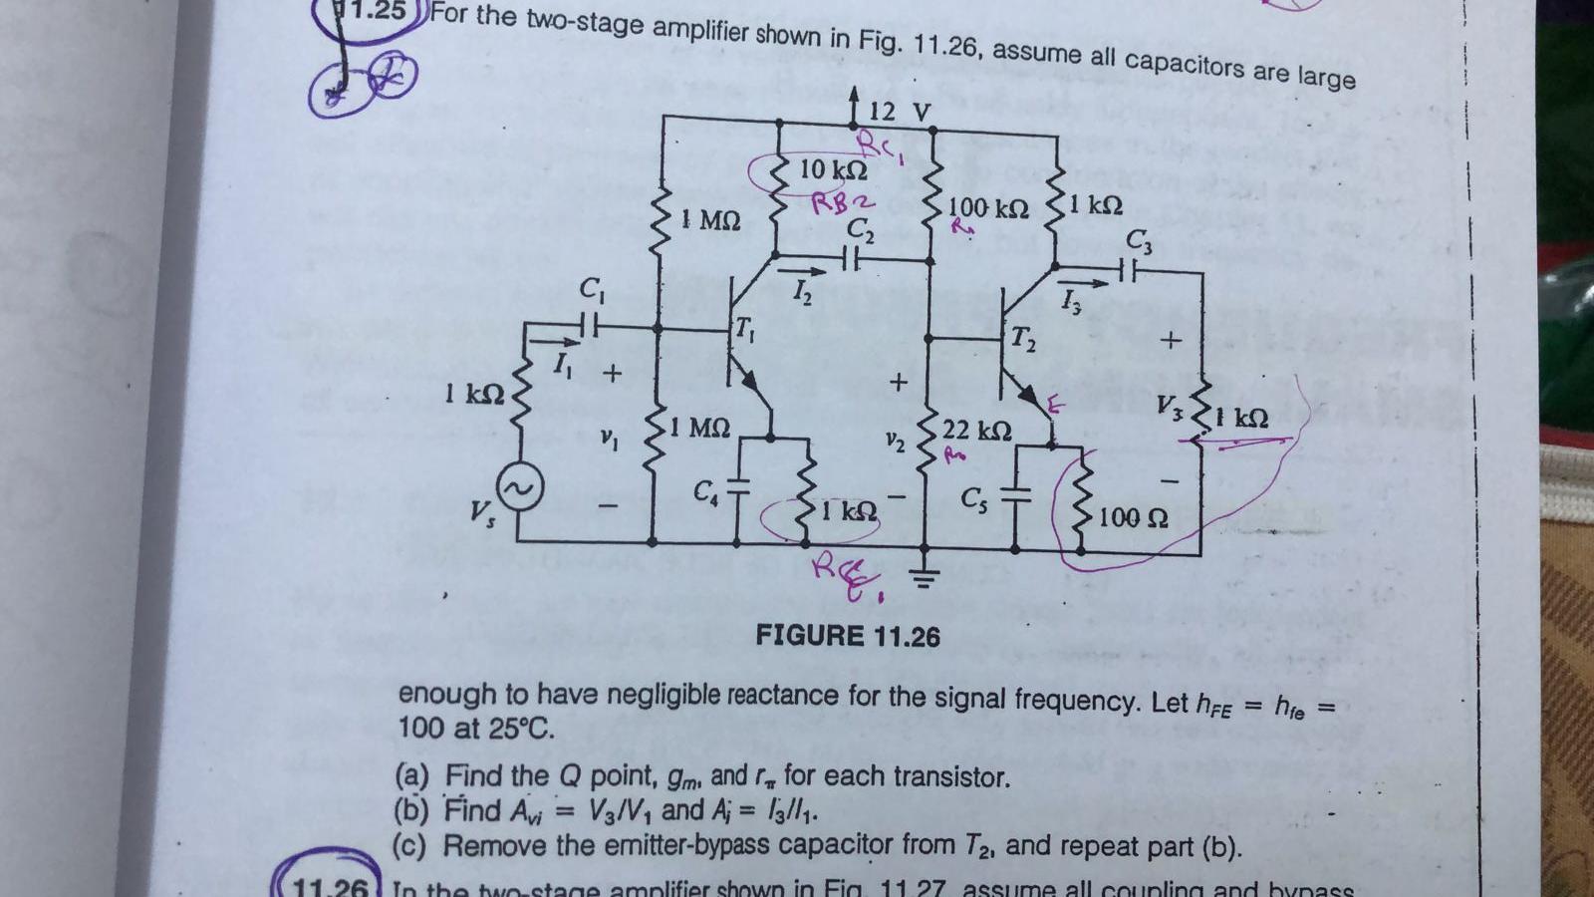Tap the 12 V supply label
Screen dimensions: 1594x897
(899, 112)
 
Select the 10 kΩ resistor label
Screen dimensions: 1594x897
(833, 169)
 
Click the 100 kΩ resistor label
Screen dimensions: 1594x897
(987, 208)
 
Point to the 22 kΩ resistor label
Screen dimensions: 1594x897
(976, 431)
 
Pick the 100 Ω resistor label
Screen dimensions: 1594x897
(1134, 517)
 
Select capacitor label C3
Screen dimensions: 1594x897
(1138, 240)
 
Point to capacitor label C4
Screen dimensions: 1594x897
(705, 490)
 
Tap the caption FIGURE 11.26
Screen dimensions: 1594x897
(847, 635)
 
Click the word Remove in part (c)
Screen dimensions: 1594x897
(495, 846)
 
